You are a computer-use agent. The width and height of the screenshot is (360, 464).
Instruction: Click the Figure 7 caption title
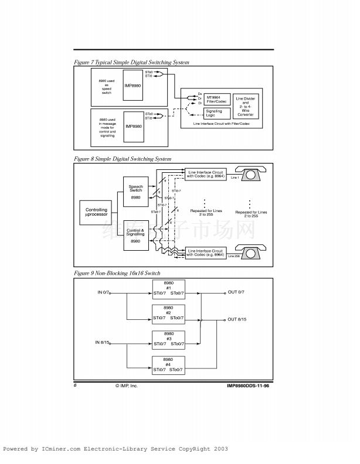pos(131,62)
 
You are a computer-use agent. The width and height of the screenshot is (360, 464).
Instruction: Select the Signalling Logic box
pos(213,112)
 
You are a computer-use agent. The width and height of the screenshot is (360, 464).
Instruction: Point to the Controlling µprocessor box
pos(96,211)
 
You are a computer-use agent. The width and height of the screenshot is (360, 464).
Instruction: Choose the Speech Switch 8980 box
pos(135,192)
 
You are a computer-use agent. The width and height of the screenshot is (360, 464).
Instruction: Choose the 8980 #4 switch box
pos(168,364)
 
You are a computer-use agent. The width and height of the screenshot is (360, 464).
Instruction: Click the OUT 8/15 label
pos(237,319)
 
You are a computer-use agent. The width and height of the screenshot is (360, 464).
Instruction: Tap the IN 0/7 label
pos(104,292)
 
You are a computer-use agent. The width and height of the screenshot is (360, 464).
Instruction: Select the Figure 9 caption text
pos(117,273)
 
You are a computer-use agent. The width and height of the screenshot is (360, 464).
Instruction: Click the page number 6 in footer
pos(75,385)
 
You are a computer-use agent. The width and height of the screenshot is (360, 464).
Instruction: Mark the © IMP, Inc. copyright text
pos(127,385)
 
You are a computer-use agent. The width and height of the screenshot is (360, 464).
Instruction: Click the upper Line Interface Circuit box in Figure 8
pos(206,173)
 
